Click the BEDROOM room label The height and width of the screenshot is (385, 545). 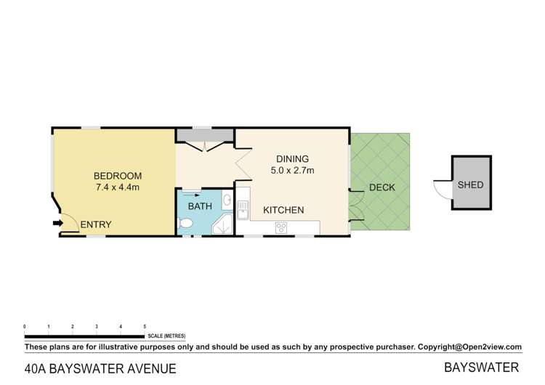(x=117, y=176)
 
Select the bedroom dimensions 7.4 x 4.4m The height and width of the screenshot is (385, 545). (x=117, y=187)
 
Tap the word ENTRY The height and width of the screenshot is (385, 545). (x=96, y=224)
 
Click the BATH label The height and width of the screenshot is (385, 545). (x=200, y=206)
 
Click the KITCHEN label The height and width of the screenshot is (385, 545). (x=283, y=210)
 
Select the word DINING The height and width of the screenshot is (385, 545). (x=292, y=159)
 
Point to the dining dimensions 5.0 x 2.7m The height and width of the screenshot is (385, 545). (x=292, y=171)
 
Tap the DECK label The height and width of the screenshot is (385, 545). (x=382, y=187)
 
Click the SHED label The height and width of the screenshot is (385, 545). (x=470, y=185)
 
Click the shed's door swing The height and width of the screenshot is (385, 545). (x=443, y=188)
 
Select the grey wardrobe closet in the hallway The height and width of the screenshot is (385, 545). (x=203, y=136)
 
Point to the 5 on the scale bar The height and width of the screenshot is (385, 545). (x=145, y=327)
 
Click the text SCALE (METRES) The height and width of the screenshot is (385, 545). (x=166, y=336)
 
